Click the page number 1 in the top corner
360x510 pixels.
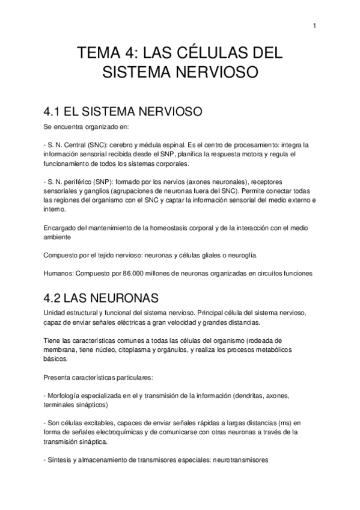315,25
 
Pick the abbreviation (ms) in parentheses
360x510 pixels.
287,423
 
